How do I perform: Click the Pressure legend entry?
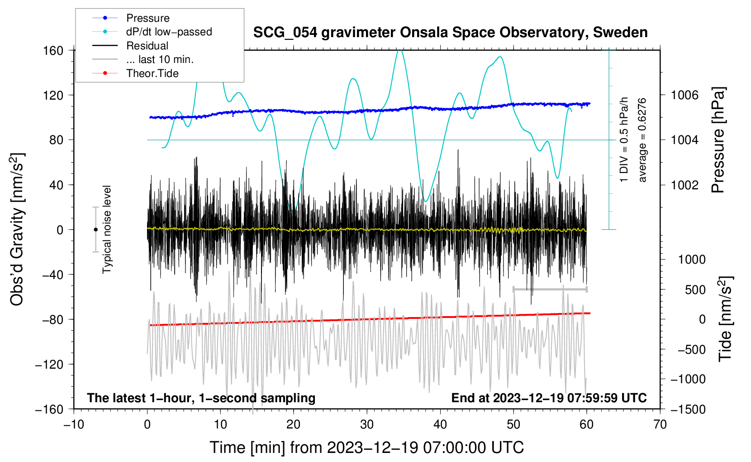pyautogui.click(x=147, y=18)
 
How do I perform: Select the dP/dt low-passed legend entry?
pyautogui.click(x=169, y=32)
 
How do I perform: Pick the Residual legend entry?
pyautogui.click(x=147, y=46)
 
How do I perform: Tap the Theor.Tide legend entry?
pyautogui.click(x=152, y=73)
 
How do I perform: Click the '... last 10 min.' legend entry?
pyautogui.click(x=160, y=59)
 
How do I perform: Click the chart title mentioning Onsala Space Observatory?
pyautogui.click(x=450, y=33)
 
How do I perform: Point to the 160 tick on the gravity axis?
pyautogui.click(x=53, y=50)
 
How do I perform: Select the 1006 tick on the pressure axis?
pyautogui.click(x=684, y=95)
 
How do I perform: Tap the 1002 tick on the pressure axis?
pyautogui.click(x=684, y=185)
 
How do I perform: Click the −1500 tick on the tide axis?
pyautogui.click(x=688, y=409)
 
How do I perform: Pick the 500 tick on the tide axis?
pyautogui.click(x=695, y=289)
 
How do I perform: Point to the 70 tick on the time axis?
pyautogui.click(x=660, y=424)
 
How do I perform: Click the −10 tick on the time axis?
pyautogui.click(x=74, y=424)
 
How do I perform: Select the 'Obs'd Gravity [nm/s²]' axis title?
pyautogui.click(x=17, y=229)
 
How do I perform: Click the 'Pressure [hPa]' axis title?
pyautogui.click(x=718, y=140)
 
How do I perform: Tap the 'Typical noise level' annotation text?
pyautogui.click(x=107, y=229)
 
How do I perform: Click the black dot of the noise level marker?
pyautogui.click(x=95, y=230)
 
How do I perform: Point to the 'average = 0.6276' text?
pyautogui.click(x=642, y=140)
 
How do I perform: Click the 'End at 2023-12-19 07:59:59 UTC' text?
pyautogui.click(x=549, y=398)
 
